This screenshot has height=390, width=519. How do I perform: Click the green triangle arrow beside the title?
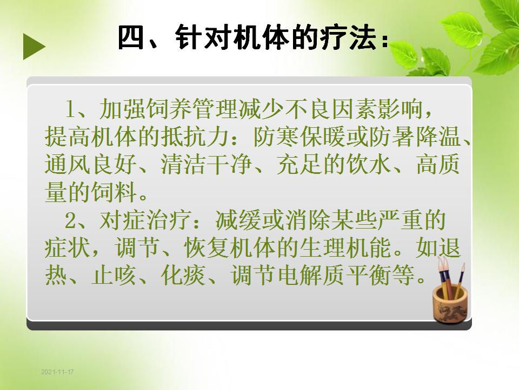click(x=34, y=47)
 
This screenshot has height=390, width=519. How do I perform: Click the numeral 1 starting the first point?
click(x=70, y=109)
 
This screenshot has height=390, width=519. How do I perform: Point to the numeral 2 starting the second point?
click(x=70, y=220)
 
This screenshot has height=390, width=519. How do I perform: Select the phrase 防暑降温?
click(x=415, y=136)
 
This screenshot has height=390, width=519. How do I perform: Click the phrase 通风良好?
click(x=91, y=165)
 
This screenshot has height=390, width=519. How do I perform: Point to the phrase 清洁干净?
click(x=207, y=165)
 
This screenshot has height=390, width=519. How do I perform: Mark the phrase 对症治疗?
click(x=145, y=220)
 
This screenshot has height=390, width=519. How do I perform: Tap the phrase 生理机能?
click(x=345, y=248)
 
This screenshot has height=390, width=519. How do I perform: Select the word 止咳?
click(x=114, y=275)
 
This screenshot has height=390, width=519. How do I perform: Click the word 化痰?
click(x=184, y=275)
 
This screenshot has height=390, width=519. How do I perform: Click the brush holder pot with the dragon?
click(x=450, y=304)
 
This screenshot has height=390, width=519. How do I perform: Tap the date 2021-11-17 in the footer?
click(x=57, y=372)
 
